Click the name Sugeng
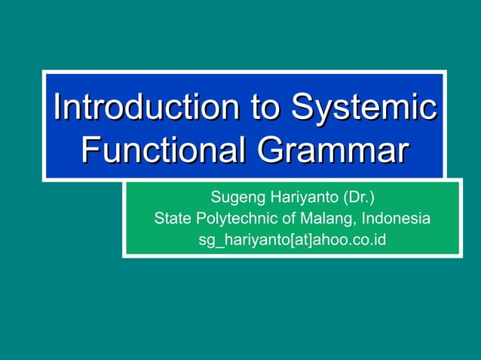(235, 199)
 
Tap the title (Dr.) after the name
(359, 199)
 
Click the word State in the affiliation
(173, 219)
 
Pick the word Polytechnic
(229, 219)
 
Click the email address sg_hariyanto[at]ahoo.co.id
(292, 240)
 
